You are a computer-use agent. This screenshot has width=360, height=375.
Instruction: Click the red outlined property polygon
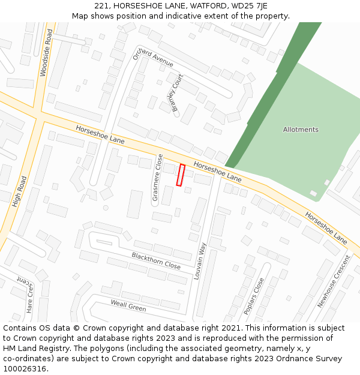click(x=180, y=175)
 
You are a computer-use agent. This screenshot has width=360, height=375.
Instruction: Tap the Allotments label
click(x=301, y=130)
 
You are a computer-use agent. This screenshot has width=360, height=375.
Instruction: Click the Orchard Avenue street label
click(x=154, y=56)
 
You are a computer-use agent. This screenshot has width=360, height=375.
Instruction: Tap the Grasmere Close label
click(x=157, y=177)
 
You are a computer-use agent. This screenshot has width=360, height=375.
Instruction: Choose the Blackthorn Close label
click(x=156, y=260)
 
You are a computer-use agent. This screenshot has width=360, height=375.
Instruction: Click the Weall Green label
click(x=128, y=305)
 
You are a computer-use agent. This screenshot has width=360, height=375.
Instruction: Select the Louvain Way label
click(x=200, y=262)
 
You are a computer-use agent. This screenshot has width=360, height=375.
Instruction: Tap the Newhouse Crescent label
click(x=334, y=281)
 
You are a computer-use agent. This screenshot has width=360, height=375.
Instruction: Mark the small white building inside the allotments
click(x=313, y=193)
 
